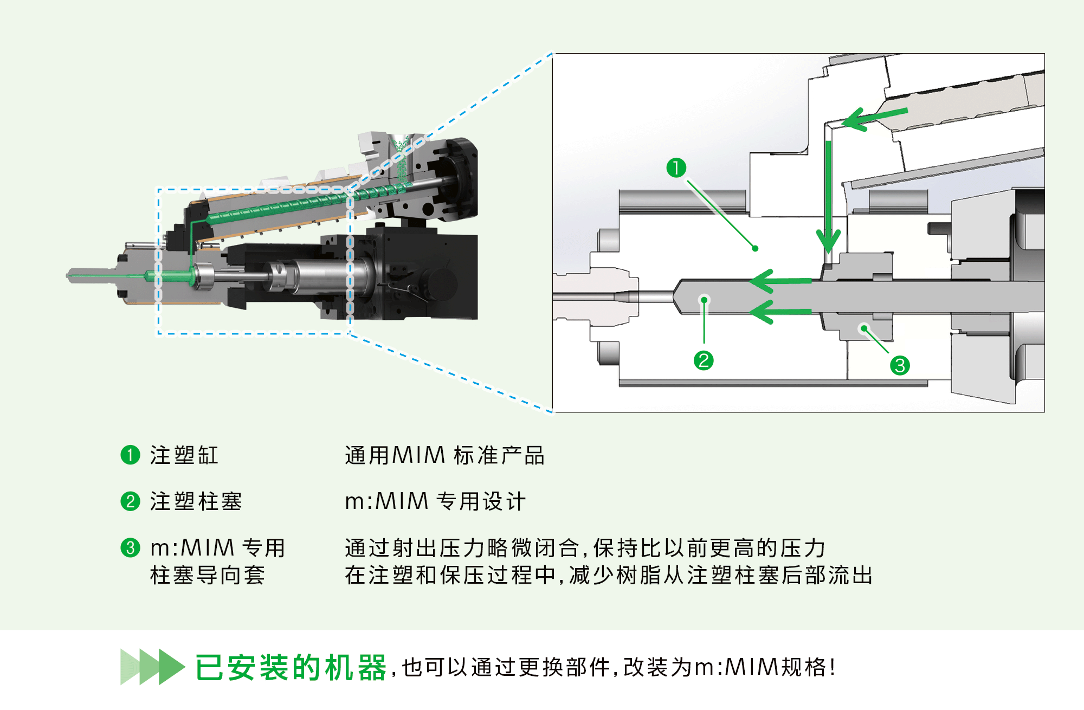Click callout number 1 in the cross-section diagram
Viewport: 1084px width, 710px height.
coord(676,167)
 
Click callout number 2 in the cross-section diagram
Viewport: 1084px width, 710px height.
coord(704,360)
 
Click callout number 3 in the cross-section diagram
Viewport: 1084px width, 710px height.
coord(900,365)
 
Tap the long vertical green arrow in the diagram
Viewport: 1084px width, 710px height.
coord(828,195)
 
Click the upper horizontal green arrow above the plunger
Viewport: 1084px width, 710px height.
coord(780,281)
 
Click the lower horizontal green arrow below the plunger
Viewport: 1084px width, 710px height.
coord(780,312)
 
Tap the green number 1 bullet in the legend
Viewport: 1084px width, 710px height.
coord(130,455)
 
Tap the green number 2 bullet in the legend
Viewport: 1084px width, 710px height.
coord(130,501)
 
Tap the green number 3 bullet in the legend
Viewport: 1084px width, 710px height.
coord(130,547)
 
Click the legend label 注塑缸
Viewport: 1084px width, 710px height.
coord(184,455)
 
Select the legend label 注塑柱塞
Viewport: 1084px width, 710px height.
coord(196,501)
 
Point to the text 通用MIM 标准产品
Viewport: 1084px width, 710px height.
coord(444,455)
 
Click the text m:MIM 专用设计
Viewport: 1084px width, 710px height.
coord(435,501)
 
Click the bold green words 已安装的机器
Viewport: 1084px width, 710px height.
coord(291,667)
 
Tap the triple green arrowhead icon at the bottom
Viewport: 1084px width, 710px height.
coord(152,667)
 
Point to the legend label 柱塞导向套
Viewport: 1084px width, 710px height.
coord(207,575)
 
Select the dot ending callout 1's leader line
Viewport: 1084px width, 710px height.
coord(755,249)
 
